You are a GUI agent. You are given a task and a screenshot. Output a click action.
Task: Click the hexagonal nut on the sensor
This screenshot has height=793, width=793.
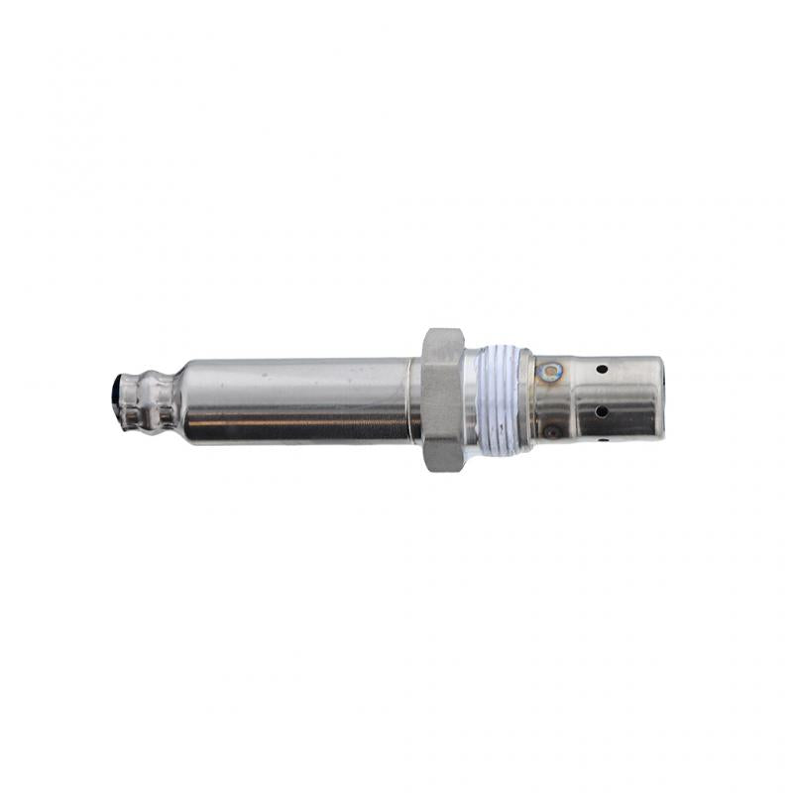pos(443,400)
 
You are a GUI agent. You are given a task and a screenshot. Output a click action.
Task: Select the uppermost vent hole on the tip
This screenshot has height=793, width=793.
pos(602,370)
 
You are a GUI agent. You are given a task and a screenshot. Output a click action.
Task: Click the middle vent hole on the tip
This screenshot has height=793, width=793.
pos(602,410)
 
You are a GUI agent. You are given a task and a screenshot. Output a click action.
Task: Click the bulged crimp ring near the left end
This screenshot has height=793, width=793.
pos(159,399)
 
